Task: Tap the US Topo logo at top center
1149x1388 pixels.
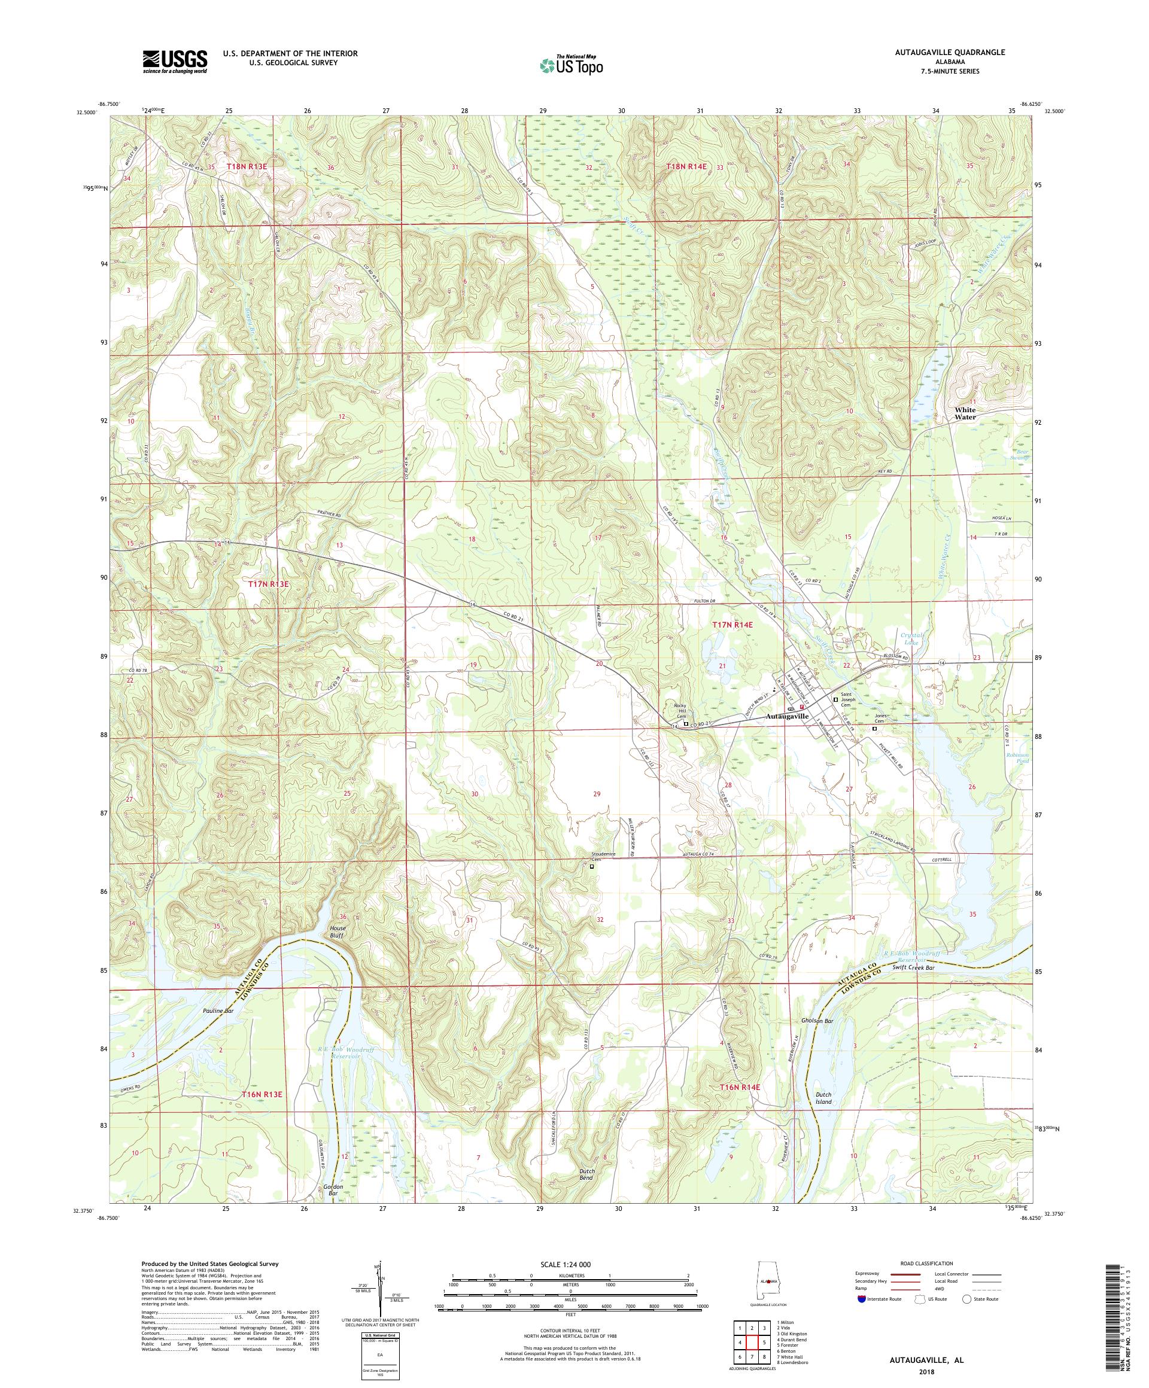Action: click(x=572, y=64)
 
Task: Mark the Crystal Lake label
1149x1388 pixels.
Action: click(x=910, y=638)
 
